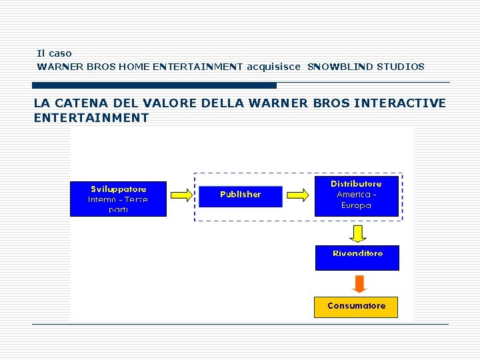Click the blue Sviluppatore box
pyautogui.click(x=118, y=199)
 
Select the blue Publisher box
pyautogui.click(x=240, y=195)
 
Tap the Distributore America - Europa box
pyautogui.click(x=356, y=195)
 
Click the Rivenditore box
pyautogui.click(x=357, y=257)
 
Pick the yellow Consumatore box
pyautogui.click(x=356, y=307)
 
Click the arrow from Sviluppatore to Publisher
pyautogui.click(x=182, y=195)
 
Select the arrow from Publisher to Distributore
pyautogui.click(x=297, y=195)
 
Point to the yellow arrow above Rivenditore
pyautogui.click(x=359, y=233)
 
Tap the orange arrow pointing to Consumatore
pyautogui.click(x=359, y=283)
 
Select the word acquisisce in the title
pyautogui.click(x=273, y=67)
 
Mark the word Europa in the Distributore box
pyautogui.click(x=356, y=205)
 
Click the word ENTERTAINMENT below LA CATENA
pyautogui.click(x=91, y=118)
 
